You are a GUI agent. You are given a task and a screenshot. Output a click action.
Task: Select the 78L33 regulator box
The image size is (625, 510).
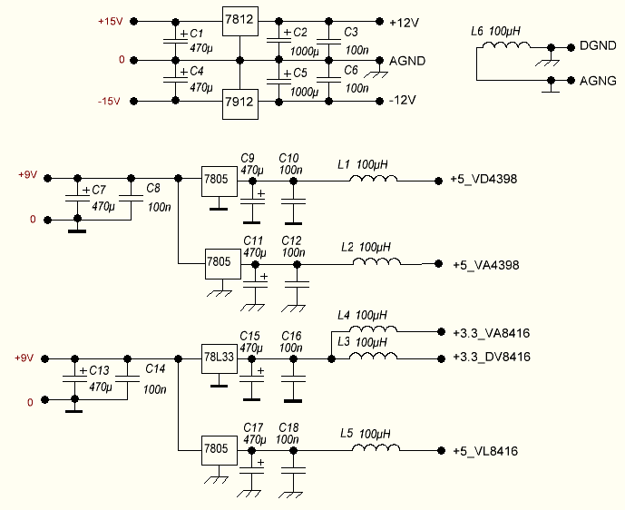[219, 357]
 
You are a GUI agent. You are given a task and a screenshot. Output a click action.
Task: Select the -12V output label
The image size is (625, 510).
[401, 100]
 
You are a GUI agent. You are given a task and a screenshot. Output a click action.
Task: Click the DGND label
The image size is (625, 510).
[598, 45]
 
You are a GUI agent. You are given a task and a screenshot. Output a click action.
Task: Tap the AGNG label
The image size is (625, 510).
[598, 81]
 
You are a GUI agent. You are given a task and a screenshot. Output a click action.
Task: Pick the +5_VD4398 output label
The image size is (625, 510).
[483, 180]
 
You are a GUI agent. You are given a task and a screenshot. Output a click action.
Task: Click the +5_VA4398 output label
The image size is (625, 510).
[485, 265]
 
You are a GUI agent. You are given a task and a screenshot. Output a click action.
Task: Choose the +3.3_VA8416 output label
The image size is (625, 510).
[491, 333]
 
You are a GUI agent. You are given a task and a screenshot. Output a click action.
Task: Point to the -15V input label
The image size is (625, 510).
[108, 101]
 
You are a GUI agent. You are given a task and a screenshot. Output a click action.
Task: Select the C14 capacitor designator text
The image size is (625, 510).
[155, 370]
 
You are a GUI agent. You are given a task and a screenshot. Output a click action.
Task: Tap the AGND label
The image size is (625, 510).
[406, 61]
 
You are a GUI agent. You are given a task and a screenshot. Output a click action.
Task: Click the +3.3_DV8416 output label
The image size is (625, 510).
[491, 357]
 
